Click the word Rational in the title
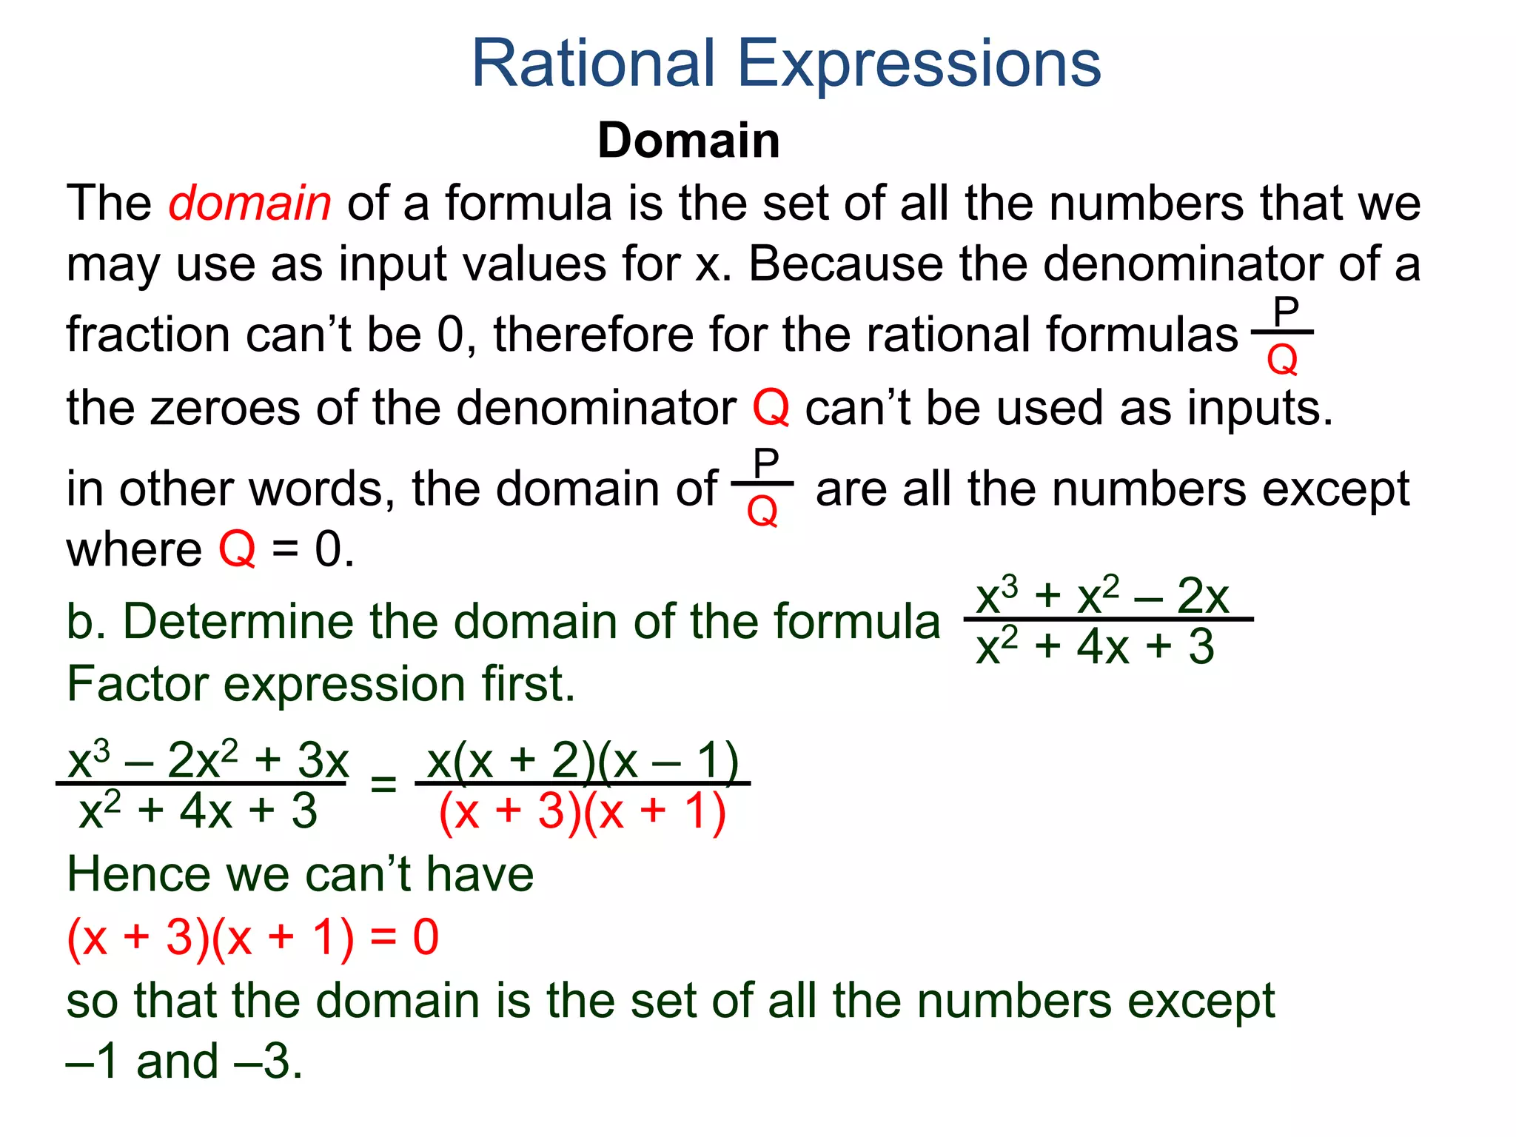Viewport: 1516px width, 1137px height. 593,64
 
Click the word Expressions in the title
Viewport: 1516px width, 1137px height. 919,65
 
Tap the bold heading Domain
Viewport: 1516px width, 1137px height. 688,141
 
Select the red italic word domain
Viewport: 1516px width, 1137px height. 249,203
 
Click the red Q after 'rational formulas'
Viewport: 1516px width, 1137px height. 1282,361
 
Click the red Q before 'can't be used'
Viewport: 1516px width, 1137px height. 771,408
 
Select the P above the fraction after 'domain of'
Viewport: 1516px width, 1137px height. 765,463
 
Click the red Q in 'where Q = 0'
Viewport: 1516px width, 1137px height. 237,550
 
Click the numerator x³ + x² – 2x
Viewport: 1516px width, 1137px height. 1102,596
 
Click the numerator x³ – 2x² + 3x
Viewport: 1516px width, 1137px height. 208,759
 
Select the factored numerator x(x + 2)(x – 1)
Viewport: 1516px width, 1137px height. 583,760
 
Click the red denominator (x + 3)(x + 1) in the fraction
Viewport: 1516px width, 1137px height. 583,812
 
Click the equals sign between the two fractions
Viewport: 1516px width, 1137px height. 383,784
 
